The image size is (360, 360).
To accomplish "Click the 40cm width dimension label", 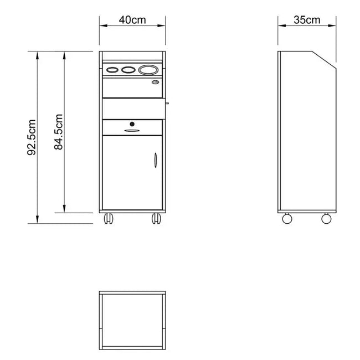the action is click(132, 20).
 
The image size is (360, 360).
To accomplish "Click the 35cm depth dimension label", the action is click(307, 20).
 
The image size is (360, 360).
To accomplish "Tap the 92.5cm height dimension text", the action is click(32, 137).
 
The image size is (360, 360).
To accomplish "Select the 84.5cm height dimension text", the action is click(59, 132).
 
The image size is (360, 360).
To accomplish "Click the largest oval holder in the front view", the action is click(148, 70).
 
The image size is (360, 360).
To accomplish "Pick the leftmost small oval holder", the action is click(112, 70).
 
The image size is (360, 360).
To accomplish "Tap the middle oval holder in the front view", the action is click(128, 70).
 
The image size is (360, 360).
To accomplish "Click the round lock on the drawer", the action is click(132, 124).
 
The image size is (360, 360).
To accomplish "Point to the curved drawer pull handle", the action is click(132, 131).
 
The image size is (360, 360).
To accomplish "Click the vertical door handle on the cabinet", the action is click(156, 160).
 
